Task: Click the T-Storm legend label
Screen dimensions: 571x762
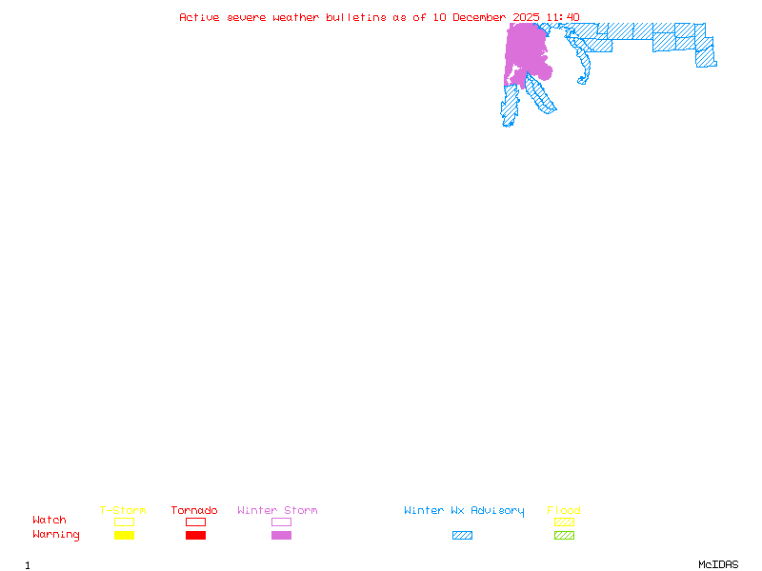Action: coord(123,511)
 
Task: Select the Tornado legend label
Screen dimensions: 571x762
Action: coord(194,511)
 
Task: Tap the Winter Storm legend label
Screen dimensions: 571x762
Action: coord(277,511)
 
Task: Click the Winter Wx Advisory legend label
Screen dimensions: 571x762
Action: coord(464,511)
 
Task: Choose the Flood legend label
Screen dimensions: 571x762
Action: coord(564,511)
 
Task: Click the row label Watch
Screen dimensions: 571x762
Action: coord(50,521)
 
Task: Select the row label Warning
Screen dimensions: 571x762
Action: coord(56,535)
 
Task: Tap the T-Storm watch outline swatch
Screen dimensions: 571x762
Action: coord(124,522)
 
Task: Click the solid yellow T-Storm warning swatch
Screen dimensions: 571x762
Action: coord(124,536)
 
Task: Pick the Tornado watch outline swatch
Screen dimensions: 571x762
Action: coord(195,522)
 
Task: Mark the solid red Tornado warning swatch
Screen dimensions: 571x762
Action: coord(195,536)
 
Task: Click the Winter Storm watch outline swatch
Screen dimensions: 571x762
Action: coord(281,522)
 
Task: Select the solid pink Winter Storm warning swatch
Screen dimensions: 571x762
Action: coord(281,536)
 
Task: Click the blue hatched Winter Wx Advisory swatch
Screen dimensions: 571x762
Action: coord(462,536)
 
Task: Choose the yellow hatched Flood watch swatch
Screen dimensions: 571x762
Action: coord(564,522)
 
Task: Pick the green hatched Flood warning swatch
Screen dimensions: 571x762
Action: coord(564,536)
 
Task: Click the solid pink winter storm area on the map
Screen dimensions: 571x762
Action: coord(526,48)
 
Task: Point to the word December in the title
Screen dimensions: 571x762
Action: coord(483,17)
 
